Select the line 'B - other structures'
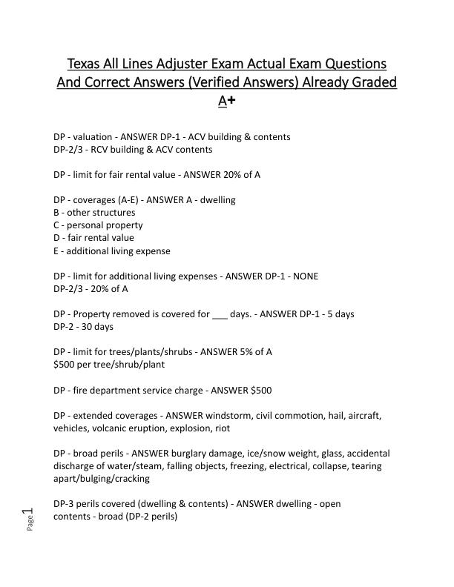[94, 213]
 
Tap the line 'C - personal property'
[98, 225]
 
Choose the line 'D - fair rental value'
[93, 238]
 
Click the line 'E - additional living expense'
[112, 251]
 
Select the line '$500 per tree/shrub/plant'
[109, 364]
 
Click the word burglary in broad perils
[215, 453]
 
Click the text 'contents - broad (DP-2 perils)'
[115, 516]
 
